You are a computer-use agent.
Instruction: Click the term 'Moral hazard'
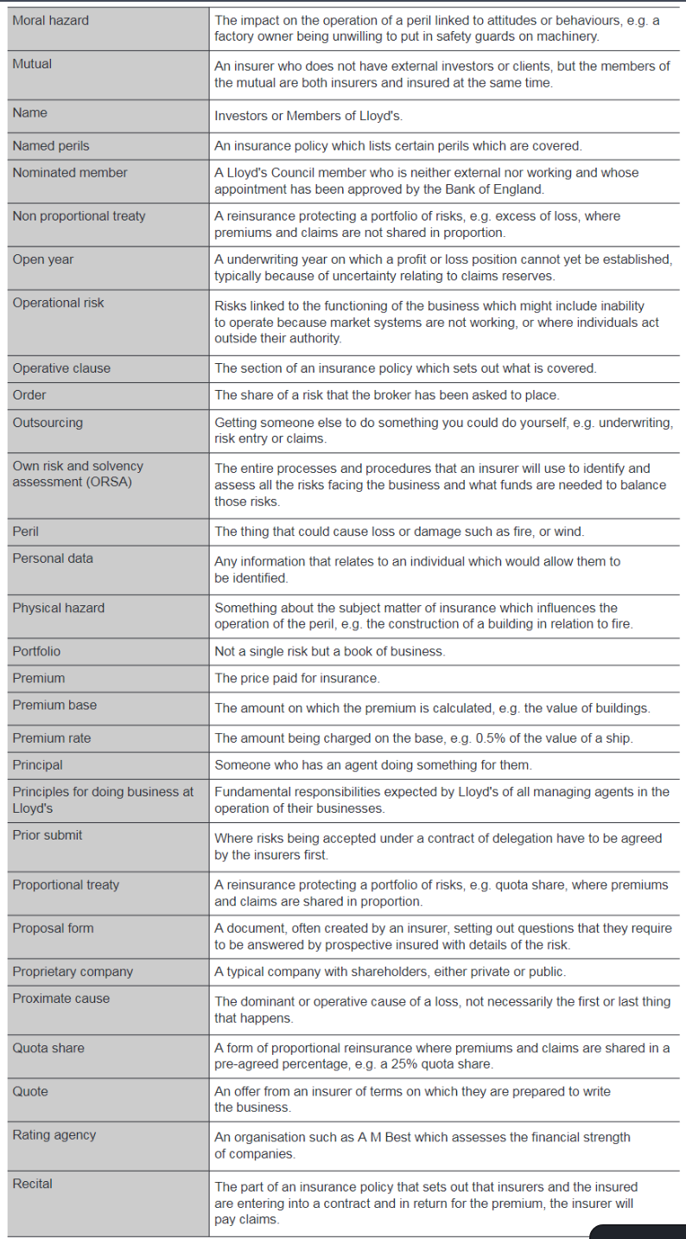pos(50,20)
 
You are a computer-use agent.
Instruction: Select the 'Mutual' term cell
pos(32,63)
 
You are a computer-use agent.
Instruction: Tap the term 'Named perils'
pos(50,146)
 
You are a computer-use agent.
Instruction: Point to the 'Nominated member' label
pos(69,173)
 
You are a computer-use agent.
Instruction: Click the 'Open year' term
pos(42,259)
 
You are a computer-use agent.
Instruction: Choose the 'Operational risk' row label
pos(58,303)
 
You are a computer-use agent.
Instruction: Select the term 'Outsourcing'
pos(48,423)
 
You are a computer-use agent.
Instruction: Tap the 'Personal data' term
pos(52,559)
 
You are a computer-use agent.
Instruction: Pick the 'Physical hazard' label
pos(58,608)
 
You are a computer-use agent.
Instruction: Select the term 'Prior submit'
pos(48,835)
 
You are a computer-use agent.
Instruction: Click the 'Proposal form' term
pos(52,928)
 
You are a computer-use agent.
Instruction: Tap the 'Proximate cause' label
pos(60,998)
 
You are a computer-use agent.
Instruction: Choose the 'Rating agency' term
pos(54,1134)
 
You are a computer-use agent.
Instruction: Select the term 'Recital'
pos(32,1184)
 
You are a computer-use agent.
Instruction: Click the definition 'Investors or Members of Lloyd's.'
pos(308,116)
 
